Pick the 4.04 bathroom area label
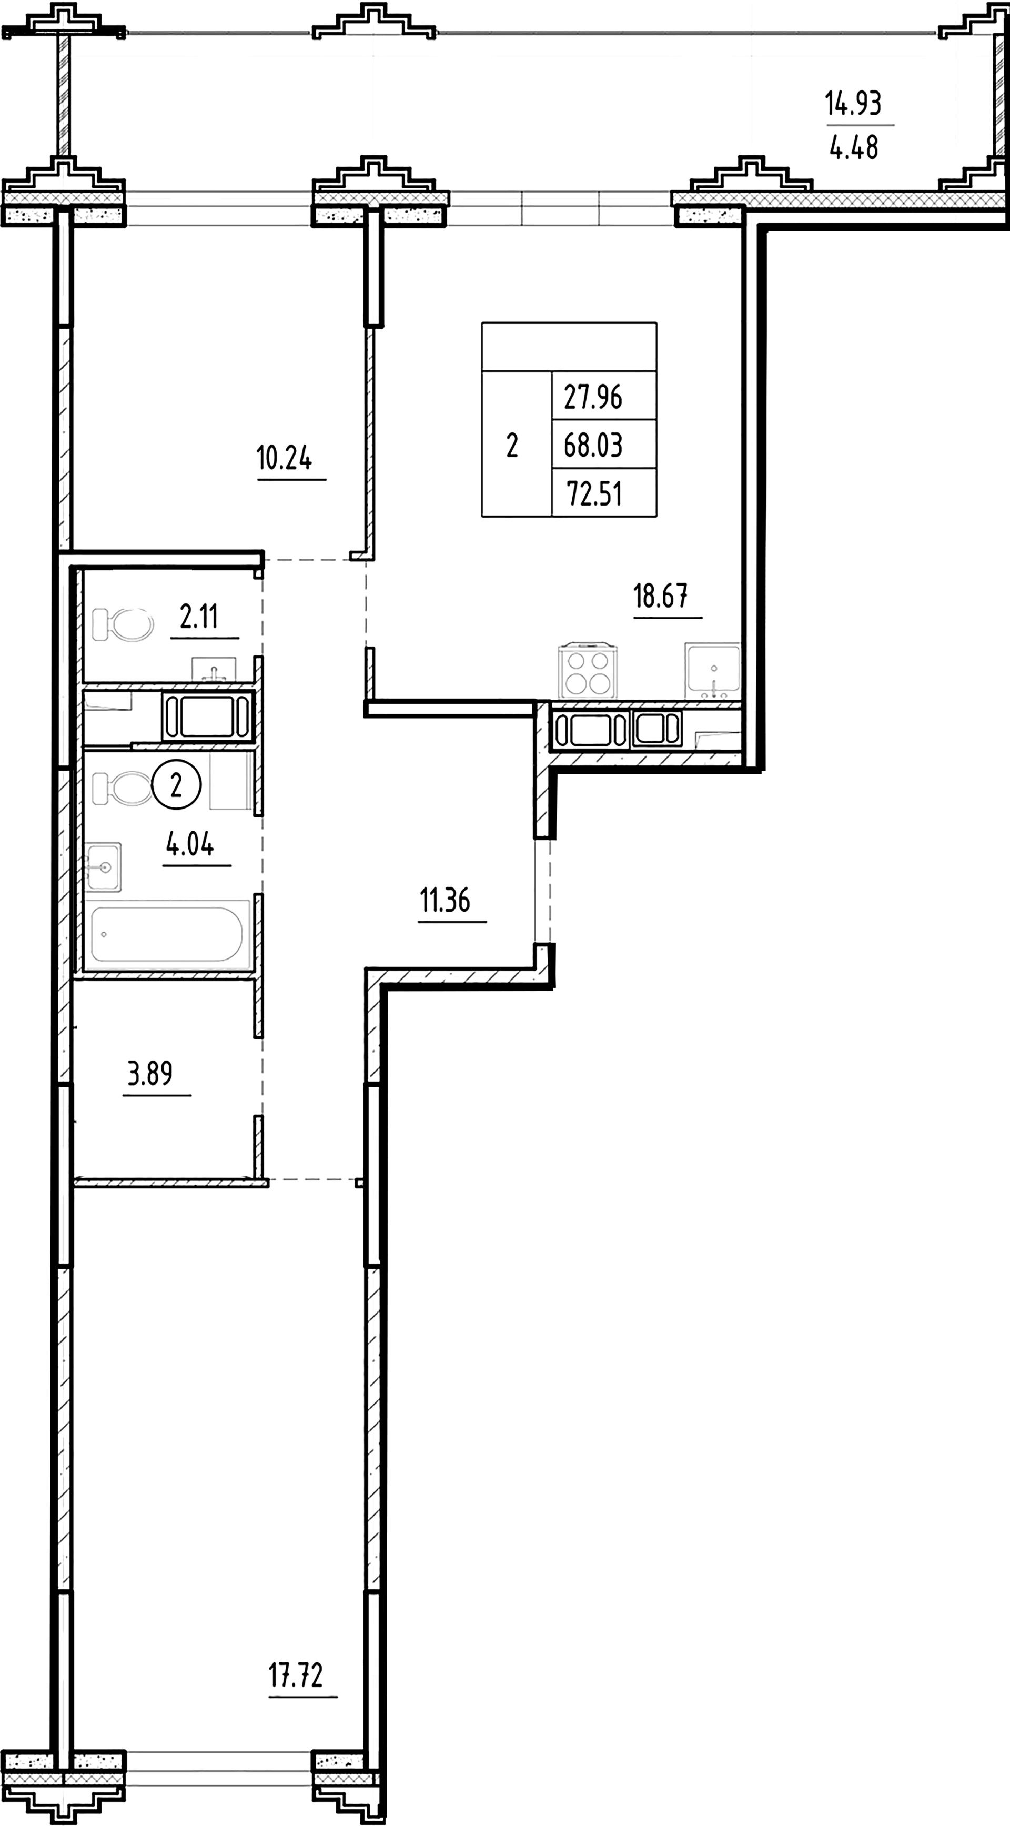tap(190, 845)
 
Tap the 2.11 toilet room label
tap(199, 617)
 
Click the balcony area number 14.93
tap(853, 104)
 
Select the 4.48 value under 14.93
tap(854, 147)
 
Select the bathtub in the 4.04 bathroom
tap(167, 934)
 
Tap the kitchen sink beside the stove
tap(713, 670)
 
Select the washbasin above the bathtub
tap(104, 867)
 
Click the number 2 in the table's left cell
tap(512, 446)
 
